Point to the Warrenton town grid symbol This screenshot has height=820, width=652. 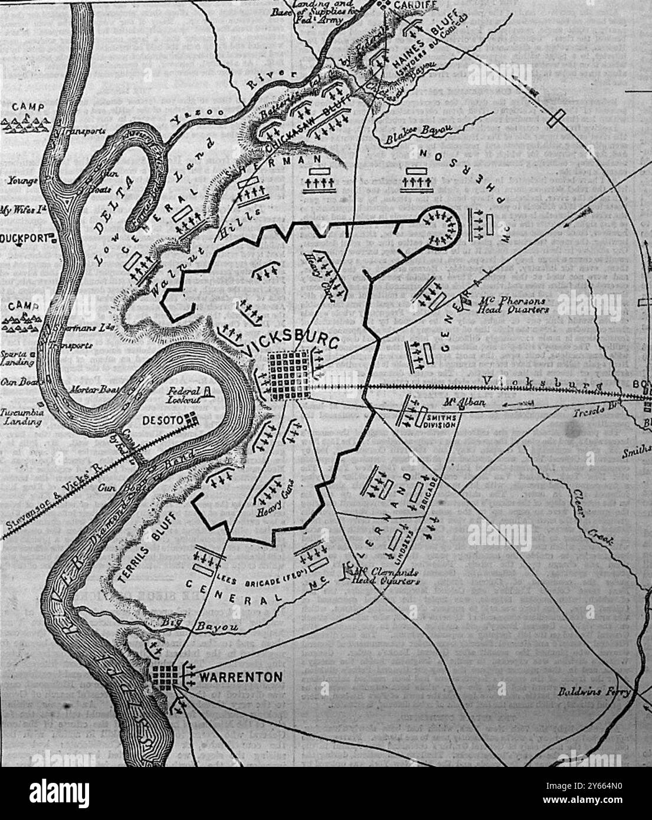click(x=167, y=677)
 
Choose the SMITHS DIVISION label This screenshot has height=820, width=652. click(x=438, y=421)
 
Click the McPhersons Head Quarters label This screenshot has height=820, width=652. click(x=512, y=304)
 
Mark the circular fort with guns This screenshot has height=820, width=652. click(x=443, y=226)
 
